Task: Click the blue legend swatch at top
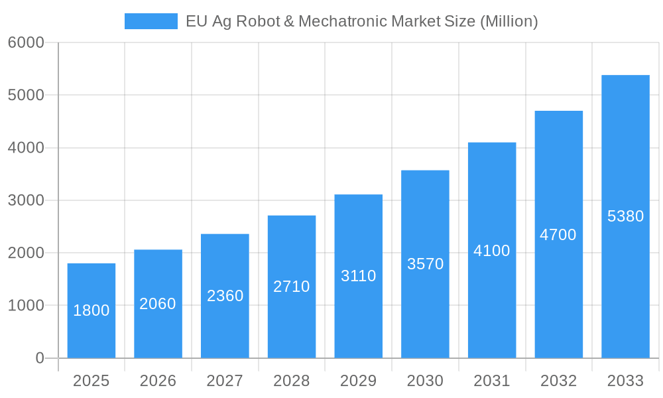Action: pos(151,21)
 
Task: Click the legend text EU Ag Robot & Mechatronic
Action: pos(361,21)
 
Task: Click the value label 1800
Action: pos(91,310)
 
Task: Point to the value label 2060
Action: pos(158,304)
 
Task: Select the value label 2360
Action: pos(225,296)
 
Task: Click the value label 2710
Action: pos(292,287)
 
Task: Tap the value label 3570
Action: pos(425,264)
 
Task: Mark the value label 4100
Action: pos(492,251)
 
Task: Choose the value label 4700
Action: pos(558,235)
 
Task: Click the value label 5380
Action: pos(625,216)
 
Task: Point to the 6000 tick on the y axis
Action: pos(26,42)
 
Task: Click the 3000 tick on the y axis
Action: pos(26,200)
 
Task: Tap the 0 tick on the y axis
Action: pos(39,358)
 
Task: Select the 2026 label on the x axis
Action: pos(158,381)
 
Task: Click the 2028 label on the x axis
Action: pos(292,381)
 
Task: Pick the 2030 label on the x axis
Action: pos(425,381)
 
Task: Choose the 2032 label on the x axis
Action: pos(558,381)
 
